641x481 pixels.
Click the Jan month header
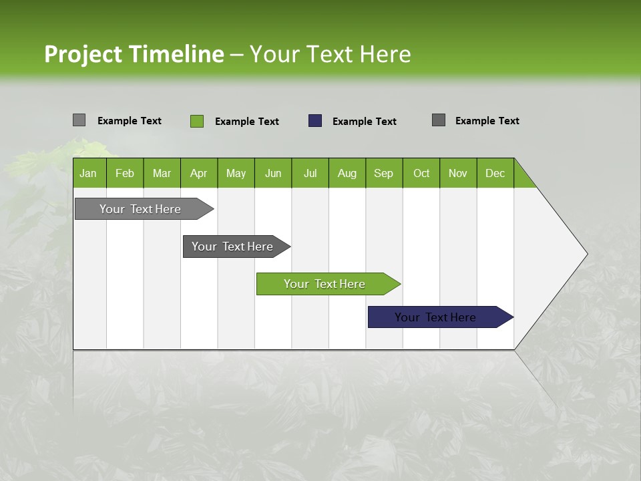tap(88, 173)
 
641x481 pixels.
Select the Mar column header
tap(162, 173)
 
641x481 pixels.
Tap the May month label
tap(236, 173)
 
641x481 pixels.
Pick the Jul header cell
tap(310, 173)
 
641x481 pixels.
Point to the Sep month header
tap(383, 173)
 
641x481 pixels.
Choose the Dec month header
tap(495, 173)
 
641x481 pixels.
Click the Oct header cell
tap(421, 173)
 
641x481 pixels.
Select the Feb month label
tap(125, 173)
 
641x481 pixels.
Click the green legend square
tap(197, 121)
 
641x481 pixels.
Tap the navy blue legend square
tap(315, 121)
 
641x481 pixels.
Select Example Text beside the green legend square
tap(247, 122)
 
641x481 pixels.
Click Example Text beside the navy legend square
tap(365, 122)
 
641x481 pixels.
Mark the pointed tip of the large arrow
tap(586, 254)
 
